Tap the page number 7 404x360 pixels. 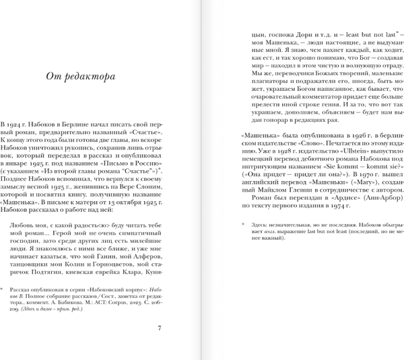[159, 328]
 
